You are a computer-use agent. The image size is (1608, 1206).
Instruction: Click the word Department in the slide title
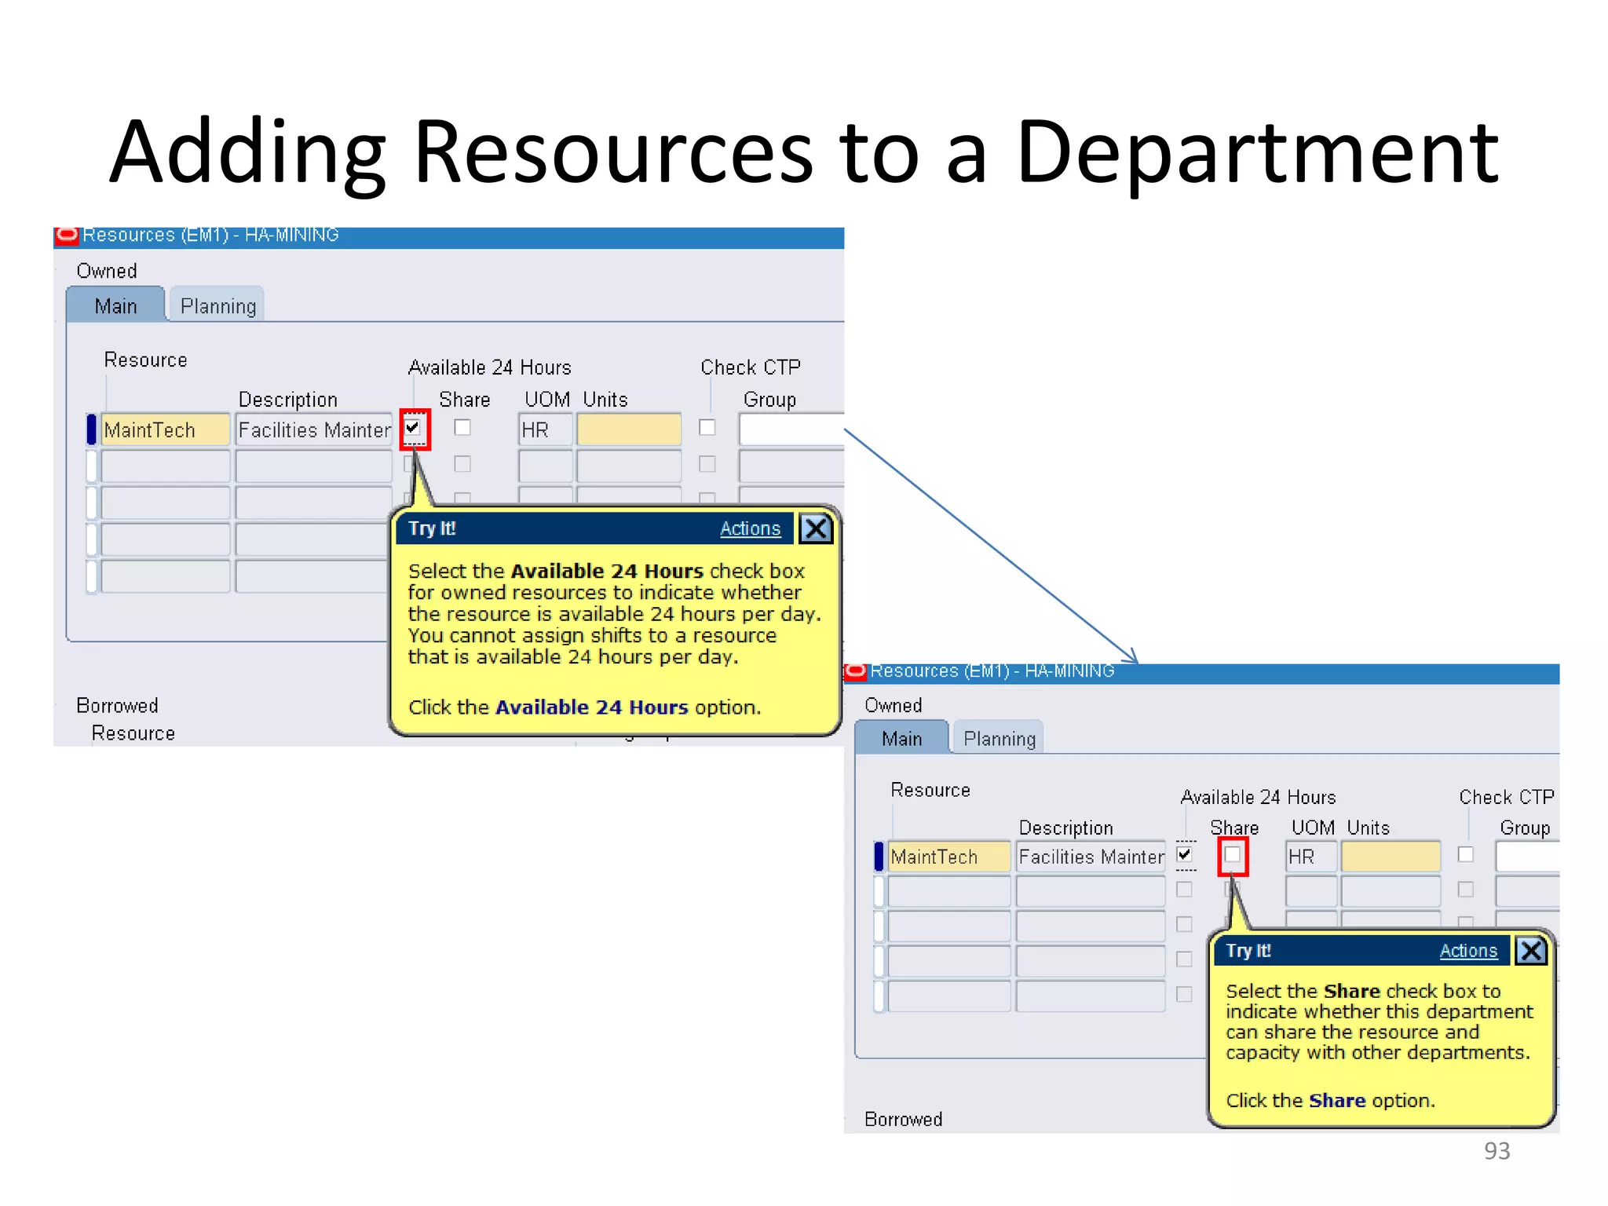click(1256, 153)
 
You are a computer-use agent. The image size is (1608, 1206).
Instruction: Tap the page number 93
click(1497, 1150)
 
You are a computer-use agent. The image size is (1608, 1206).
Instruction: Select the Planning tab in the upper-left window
click(217, 305)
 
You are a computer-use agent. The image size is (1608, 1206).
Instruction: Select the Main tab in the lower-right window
click(901, 739)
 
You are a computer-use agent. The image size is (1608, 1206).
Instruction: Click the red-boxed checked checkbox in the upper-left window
click(413, 428)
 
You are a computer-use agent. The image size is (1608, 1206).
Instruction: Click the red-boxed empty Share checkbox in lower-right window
click(1233, 855)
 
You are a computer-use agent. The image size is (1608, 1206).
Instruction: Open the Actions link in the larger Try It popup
click(750, 528)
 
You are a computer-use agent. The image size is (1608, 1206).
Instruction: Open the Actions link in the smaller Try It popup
click(1467, 951)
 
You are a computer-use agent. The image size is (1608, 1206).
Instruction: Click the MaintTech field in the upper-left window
click(165, 430)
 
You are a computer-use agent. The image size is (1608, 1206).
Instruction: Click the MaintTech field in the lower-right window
click(948, 857)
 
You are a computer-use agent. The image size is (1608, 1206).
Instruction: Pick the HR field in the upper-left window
click(544, 430)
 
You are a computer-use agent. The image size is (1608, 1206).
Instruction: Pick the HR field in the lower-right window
click(1310, 857)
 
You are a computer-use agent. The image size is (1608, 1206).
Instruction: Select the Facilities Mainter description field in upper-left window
click(313, 430)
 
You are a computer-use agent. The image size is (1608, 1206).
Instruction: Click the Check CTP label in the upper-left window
click(750, 367)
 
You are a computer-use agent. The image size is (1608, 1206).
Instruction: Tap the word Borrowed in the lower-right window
click(903, 1119)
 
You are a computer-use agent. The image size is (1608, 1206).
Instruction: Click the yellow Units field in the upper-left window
click(628, 430)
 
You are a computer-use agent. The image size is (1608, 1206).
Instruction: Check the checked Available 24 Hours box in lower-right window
click(1185, 854)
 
